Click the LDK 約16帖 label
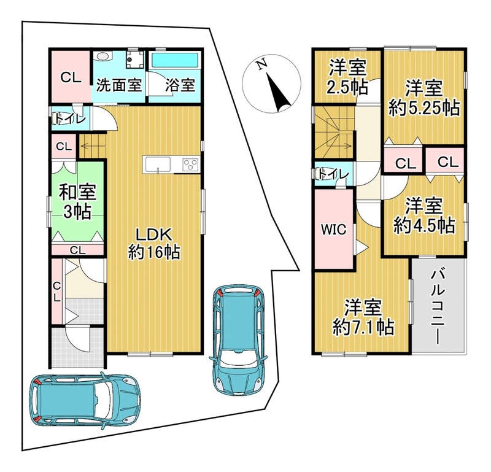pyautogui.click(x=154, y=244)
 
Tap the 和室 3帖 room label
pyautogui.click(x=77, y=203)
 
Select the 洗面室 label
pyautogui.click(x=118, y=85)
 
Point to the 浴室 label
pyautogui.click(x=180, y=85)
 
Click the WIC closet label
pyautogui.click(x=334, y=230)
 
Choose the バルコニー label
pyautogui.click(x=438, y=307)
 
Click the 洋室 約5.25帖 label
pyautogui.click(x=424, y=98)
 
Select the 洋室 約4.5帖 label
pyautogui.click(x=424, y=216)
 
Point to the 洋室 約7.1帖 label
pyautogui.click(x=363, y=317)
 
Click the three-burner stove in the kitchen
pyautogui.click(x=190, y=164)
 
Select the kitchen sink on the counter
pyautogui.click(x=157, y=164)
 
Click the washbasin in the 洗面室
pyautogui.click(x=102, y=56)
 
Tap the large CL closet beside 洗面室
pyautogui.click(x=71, y=76)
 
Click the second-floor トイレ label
pyautogui.click(x=333, y=174)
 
